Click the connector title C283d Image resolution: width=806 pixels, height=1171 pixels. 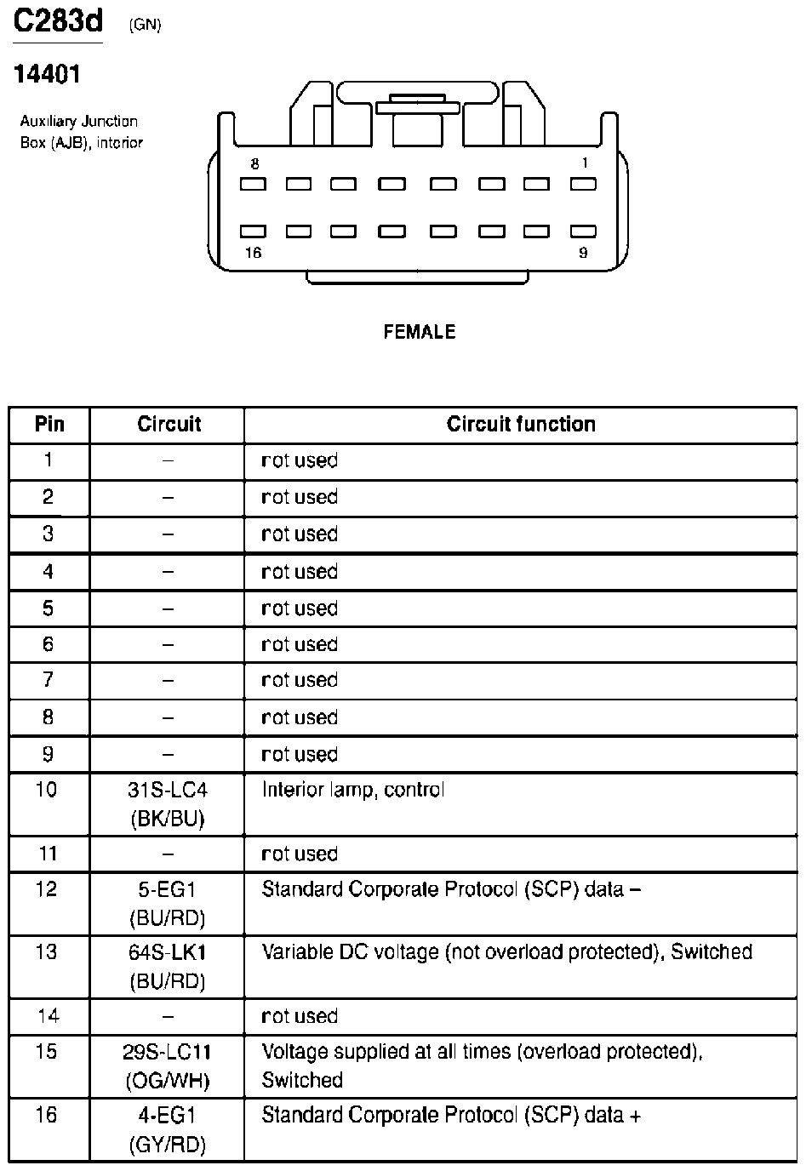coord(58,23)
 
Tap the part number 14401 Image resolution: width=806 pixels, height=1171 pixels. coord(47,75)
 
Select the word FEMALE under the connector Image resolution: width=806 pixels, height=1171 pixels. coord(420,332)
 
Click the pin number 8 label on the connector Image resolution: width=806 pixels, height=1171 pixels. coord(254,163)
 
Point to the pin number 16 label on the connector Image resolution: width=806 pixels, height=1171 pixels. coord(253,253)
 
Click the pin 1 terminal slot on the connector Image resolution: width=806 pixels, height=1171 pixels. coord(583,184)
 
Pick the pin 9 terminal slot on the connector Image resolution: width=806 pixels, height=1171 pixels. coord(583,231)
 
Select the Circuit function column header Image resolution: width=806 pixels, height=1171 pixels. coord(521,425)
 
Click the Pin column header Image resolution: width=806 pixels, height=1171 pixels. coord(49,425)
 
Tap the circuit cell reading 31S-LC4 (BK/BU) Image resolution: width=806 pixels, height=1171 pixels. coord(168,804)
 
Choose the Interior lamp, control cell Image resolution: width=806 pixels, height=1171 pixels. coord(352,791)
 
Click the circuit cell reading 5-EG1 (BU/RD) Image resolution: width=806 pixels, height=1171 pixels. coord(168,904)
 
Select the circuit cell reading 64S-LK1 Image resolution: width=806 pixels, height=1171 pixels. coord(168,967)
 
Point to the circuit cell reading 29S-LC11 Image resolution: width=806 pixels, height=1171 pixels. coord(168,1066)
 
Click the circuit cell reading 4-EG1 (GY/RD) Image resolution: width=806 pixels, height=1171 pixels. coord(168,1130)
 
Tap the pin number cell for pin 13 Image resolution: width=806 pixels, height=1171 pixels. coord(48,952)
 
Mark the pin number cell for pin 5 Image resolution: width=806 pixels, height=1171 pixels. coord(48,608)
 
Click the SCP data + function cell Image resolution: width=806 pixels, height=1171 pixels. coord(451,1116)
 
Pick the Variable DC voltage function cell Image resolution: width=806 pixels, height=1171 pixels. coord(506,952)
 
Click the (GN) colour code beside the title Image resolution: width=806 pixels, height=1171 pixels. coord(145,25)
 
